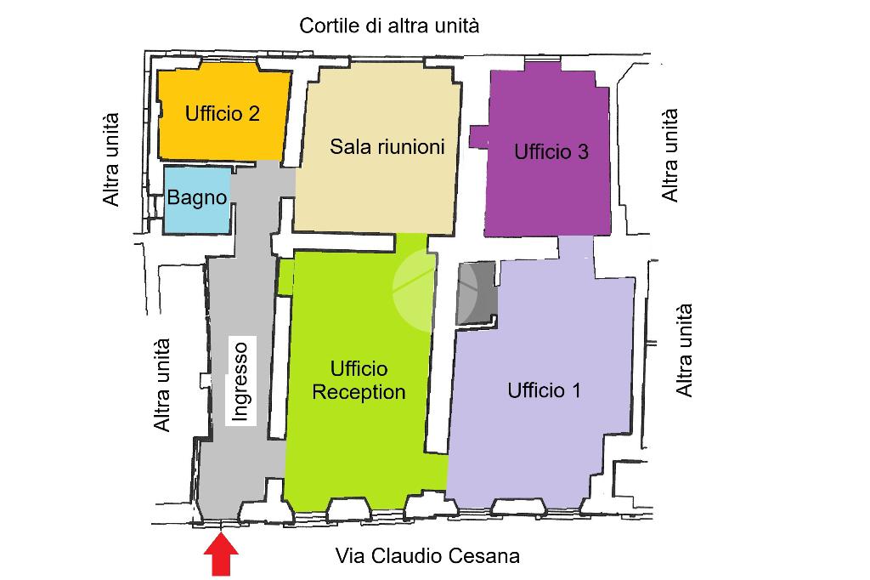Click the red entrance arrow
tap(221, 556)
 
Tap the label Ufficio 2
tap(223, 113)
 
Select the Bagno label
tap(197, 198)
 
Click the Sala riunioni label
tap(387, 146)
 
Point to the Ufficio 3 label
tap(551, 152)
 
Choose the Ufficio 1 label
tap(545, 390)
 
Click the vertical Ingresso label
tap(240, 381)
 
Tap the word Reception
tap(359, 392)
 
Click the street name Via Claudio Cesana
tap(427, 556)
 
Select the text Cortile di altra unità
tap(389, 26)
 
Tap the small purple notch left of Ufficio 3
tap(477, 136)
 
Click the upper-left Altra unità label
tap(111, 160)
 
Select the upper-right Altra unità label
tap(670, 154)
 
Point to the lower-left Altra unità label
tap(161, 385)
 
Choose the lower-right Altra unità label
tap(684, 350)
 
